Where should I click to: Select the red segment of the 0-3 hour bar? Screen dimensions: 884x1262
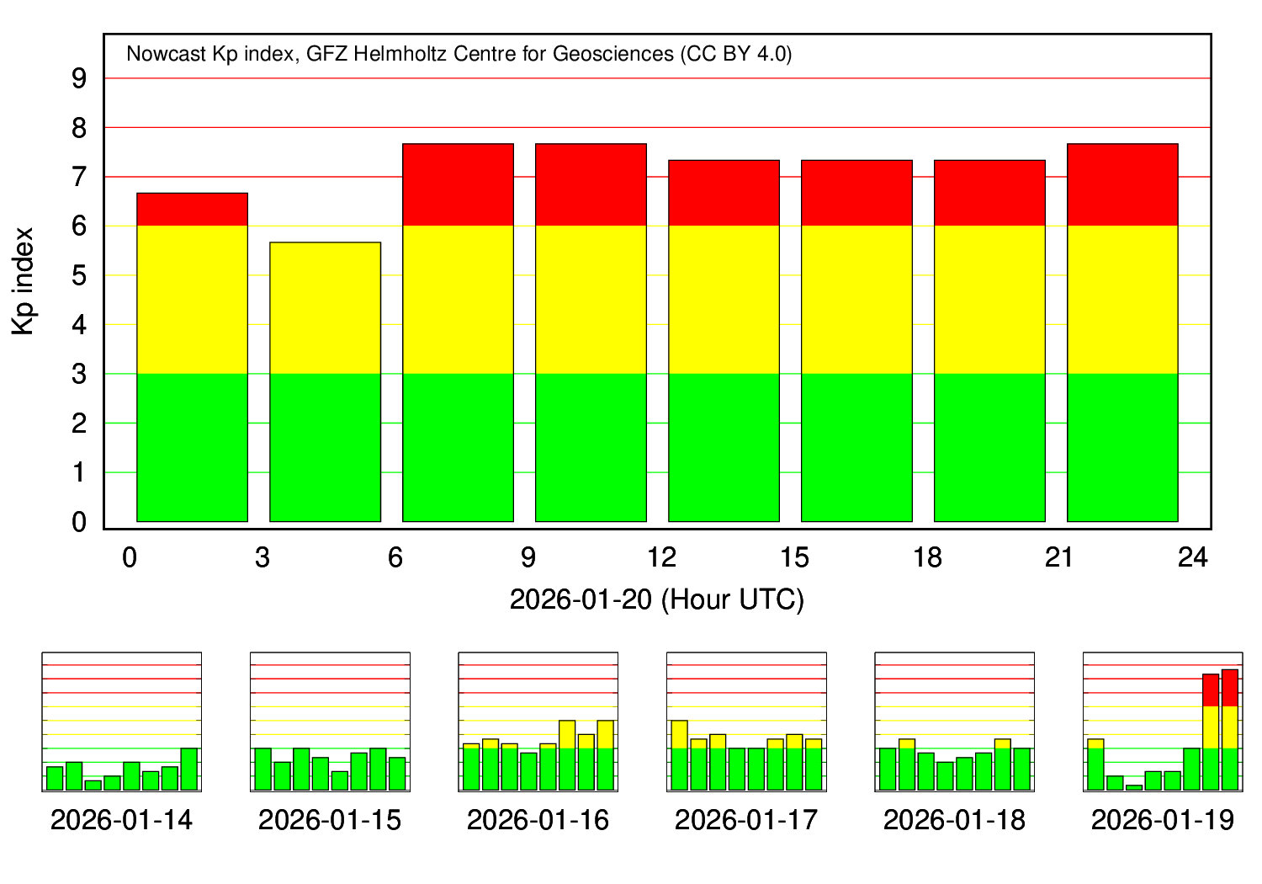point(192,210)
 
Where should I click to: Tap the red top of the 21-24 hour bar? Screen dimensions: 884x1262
point(1122,184)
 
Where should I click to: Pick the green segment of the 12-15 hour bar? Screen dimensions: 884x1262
point(724,447)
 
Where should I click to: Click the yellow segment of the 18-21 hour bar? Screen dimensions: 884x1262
point(989,299)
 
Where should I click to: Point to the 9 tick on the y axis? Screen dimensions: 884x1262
point(79,79)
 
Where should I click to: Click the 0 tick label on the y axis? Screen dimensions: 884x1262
point(79,523)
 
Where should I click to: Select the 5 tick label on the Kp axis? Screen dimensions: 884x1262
point(79,276)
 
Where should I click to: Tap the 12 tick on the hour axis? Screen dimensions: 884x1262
point(661,557)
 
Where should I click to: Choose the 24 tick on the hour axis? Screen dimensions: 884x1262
point(1193,557)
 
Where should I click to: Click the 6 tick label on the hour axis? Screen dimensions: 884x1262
point(395,557)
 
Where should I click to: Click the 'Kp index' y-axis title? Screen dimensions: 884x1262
point(24,281)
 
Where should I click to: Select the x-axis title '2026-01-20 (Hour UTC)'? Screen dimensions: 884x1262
point(656,599)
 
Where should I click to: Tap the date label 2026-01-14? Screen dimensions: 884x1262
point(121,820)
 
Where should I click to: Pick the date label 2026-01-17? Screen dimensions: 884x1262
point(746,820)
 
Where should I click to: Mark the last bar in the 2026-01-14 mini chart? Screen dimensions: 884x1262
point(189,769)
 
